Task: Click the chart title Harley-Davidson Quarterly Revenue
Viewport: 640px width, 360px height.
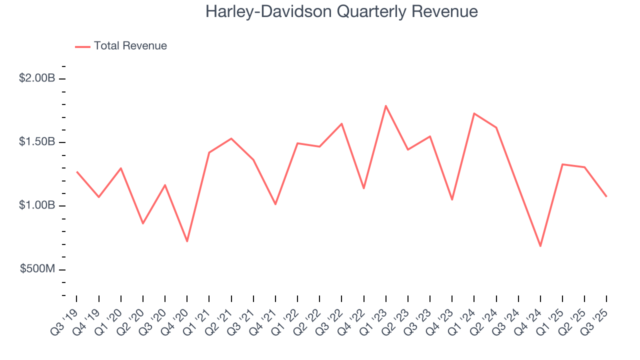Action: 341,11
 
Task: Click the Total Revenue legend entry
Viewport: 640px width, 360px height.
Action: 130,46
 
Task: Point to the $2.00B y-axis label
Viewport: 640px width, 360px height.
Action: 37,78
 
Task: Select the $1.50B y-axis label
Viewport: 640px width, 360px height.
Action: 37,142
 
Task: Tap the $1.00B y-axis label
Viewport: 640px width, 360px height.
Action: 37,205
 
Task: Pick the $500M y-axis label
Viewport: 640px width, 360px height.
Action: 37,269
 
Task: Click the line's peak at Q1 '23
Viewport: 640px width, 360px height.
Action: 386,105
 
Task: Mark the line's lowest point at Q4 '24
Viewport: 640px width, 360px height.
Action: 540,246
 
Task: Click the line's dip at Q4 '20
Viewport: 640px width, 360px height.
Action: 187,241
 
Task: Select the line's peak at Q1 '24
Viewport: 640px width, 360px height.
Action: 474,113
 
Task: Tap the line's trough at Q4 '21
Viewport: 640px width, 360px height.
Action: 275,204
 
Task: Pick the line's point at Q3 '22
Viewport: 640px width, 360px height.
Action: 341,123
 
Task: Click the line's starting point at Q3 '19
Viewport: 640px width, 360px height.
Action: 77,172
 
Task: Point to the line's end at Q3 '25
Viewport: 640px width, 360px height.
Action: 606,196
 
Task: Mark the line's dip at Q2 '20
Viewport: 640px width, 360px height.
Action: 143,223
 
